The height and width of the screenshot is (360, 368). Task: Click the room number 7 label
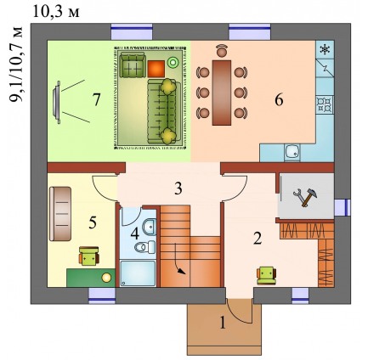coord(97,99)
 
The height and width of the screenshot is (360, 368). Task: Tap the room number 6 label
coord(279,99)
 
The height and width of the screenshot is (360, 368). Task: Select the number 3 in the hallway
coord(178,188)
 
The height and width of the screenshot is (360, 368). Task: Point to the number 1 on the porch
coord(223,323)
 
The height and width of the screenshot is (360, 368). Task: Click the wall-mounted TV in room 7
coord(56,102)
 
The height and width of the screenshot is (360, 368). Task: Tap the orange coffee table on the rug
coord(156,69)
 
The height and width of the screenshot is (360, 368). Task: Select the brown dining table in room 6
coord(222,93)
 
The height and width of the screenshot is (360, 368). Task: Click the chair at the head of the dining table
coord(221,50)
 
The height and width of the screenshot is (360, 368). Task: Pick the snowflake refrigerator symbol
coord(326,50)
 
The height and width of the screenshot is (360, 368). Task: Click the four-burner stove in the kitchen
coord(325,104)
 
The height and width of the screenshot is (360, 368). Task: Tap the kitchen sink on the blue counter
coord(292,153)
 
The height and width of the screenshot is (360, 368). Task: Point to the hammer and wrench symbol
coord(305,197)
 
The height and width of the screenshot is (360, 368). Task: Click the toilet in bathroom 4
coord(144,247)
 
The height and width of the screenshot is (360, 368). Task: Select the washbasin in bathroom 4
coord(149,227)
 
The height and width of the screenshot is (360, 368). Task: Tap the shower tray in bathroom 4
coord(138,273)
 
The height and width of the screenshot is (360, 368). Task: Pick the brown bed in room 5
coord(60,214)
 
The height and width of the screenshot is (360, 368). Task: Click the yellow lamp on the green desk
coord(106,278)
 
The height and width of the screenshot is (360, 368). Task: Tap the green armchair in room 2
coord(266,275)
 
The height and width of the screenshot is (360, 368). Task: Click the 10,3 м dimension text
coord(56,12)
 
